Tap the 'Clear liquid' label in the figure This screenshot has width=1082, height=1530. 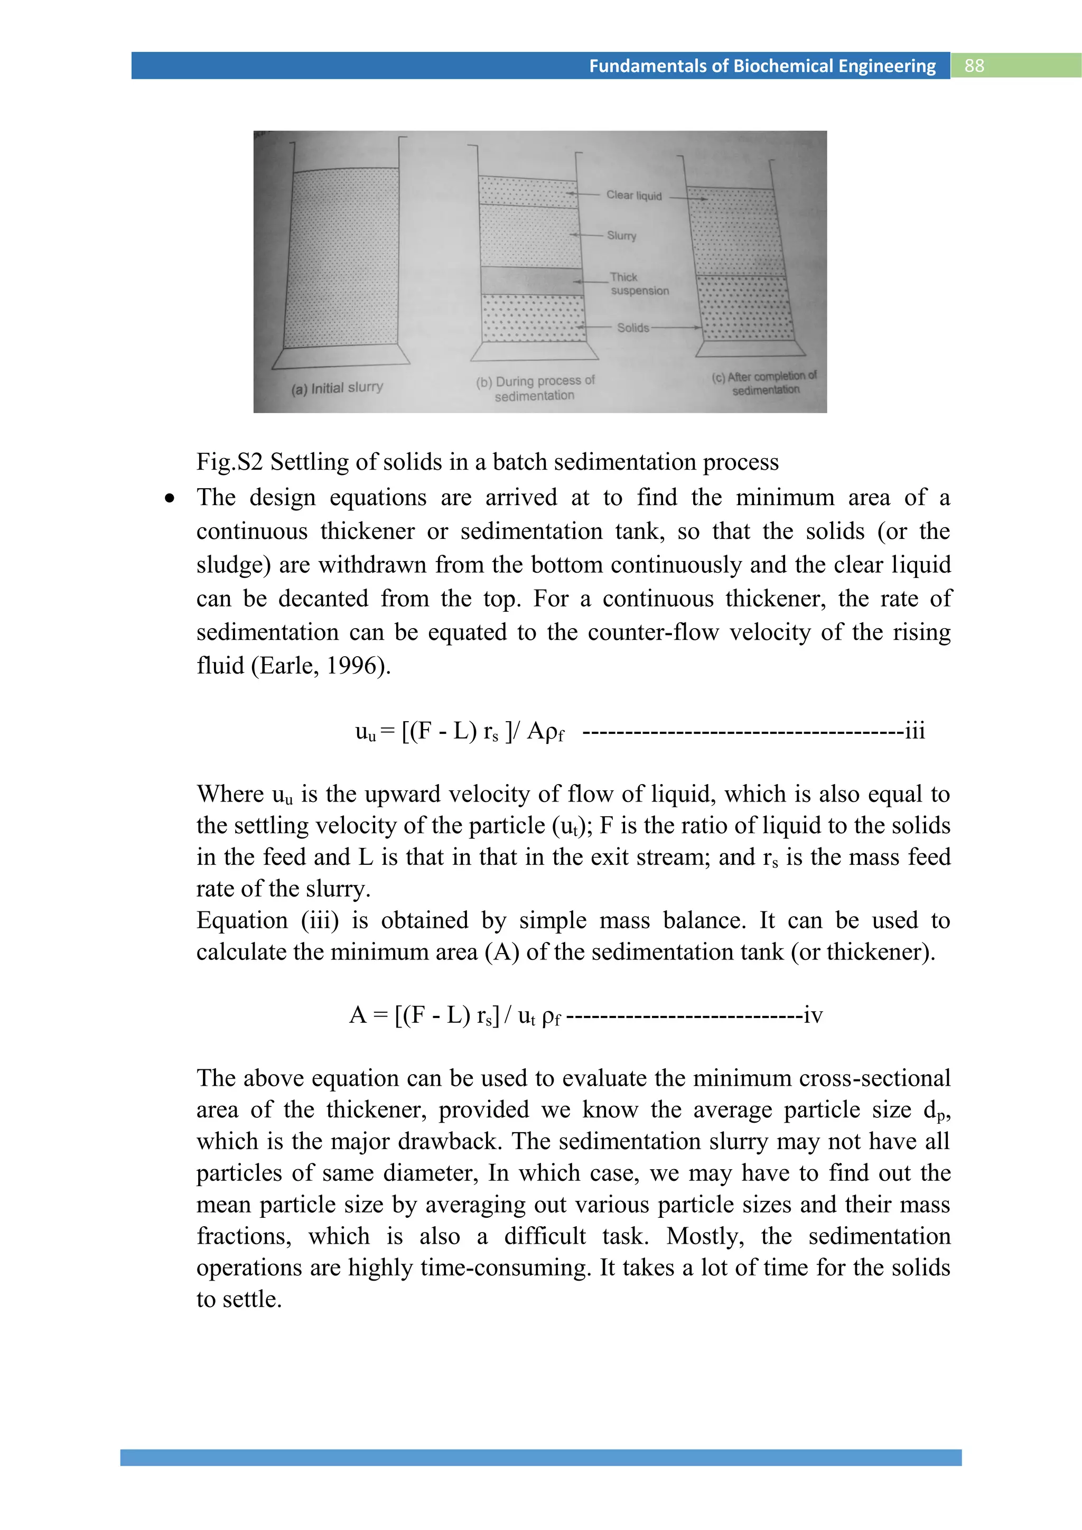click(633, 195)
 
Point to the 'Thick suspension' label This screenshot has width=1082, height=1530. click(638, 284)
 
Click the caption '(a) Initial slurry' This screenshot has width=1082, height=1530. click(337, 388)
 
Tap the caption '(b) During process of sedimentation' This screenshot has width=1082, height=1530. click(535, 388)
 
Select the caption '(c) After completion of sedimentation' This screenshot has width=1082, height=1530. click(764, 383)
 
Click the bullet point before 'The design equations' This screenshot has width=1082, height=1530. click(171, 498)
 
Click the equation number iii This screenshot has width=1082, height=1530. click(915, 731)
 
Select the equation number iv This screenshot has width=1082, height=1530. click(813, 1015)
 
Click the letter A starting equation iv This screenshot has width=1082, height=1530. click(358, 1015)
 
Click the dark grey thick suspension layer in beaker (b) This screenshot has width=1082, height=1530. click(531, 281)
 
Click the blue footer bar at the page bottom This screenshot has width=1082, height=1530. click(540, 1458)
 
